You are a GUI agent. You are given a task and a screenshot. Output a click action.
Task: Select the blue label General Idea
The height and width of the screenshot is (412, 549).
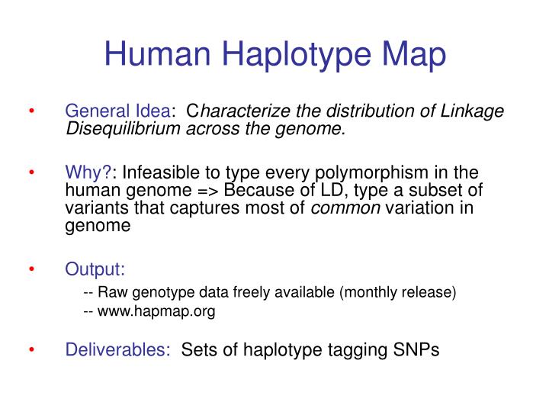coord(118,111)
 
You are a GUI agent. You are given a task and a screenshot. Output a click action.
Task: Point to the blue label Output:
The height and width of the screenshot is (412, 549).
coord(95,269)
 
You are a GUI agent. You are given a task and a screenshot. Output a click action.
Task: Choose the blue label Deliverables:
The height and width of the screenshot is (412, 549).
coord(118,350)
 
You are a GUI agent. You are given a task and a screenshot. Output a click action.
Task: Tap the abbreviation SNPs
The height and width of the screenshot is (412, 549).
coord(416,350)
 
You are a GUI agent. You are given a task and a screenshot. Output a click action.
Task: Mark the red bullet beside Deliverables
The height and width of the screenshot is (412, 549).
coord(33,350)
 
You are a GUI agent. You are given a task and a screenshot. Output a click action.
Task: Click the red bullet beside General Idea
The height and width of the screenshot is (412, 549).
coord(33,111)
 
